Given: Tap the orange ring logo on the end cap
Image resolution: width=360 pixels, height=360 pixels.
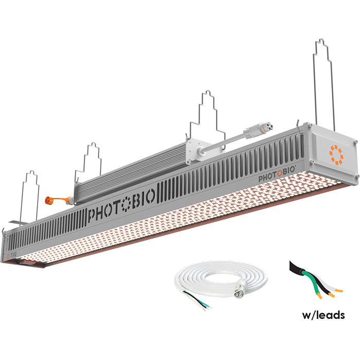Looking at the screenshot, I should [336, 154].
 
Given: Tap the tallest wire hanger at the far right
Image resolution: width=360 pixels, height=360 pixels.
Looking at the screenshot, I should [324, 82].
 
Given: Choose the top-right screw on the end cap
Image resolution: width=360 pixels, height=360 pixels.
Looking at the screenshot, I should [354, 139].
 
